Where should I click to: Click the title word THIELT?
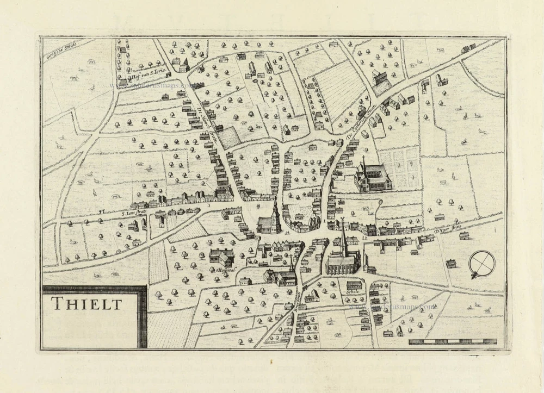[x=87, y=303]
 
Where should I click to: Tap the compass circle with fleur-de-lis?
[x=482, y=264]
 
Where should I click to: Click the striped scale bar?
[x=453, y=342]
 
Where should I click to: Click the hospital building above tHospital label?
[x=222, y=257]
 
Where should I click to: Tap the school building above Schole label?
[x=354, y=284]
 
